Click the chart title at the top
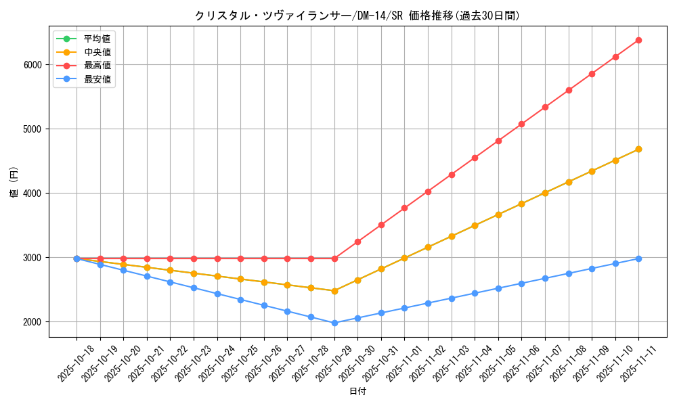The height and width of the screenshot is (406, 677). [357, 15]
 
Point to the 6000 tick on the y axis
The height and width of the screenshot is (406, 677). [32, 65]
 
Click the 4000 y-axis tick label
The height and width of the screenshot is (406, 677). [32, 194]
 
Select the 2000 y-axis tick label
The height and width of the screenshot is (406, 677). [32, 322]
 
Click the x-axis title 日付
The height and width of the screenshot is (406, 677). [357, 392]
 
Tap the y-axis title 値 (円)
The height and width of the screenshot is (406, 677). [14, 183]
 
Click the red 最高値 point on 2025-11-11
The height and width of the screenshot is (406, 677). [638, 40]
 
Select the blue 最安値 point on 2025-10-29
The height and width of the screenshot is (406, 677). [334, 323]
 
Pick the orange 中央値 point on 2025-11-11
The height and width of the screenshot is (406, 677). [638, 149]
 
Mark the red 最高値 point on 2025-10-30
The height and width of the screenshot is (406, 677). [357, 242]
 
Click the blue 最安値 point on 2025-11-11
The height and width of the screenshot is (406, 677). [638, 258]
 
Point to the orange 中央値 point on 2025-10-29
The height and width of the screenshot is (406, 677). [334, 291]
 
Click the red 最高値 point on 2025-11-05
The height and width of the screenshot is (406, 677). [498, 141]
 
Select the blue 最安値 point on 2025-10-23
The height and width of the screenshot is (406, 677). [194, 288]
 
